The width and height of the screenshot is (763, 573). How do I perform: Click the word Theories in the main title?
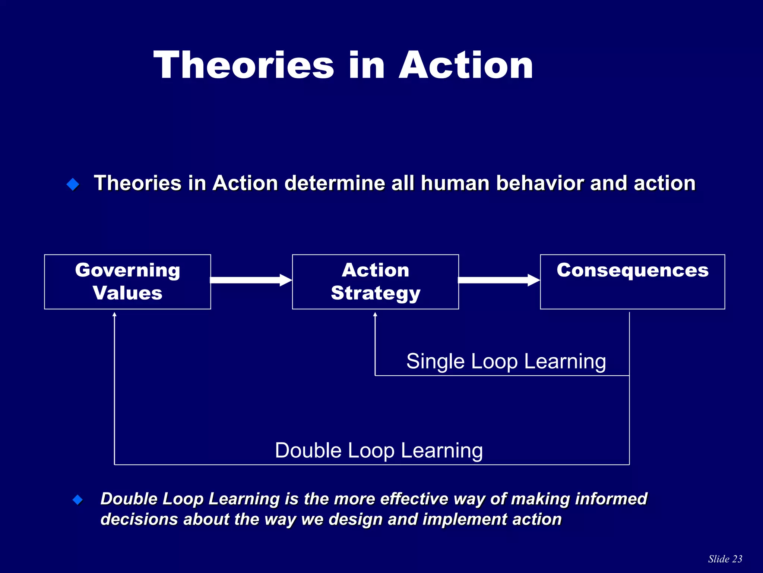coord(244,65)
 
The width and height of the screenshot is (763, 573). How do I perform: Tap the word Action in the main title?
coord(466,65)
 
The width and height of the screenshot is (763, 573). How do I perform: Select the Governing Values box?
coord(127,282)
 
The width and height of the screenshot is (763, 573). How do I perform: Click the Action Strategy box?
coord(375,282)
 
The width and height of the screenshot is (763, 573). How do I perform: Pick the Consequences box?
coord(632,282)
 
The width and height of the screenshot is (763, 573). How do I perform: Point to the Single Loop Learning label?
coord(506,361)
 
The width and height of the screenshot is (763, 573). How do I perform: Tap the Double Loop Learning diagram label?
coord(379,450)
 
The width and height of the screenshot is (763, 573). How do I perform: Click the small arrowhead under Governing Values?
coord(114,314)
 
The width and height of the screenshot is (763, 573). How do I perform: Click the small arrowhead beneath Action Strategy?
coord(375,314)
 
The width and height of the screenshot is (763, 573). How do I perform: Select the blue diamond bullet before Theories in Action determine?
coord(73,184)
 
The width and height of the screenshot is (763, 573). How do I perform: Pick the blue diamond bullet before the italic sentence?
coord(77,500)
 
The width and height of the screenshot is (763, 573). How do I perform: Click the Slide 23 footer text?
coord(725,559)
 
